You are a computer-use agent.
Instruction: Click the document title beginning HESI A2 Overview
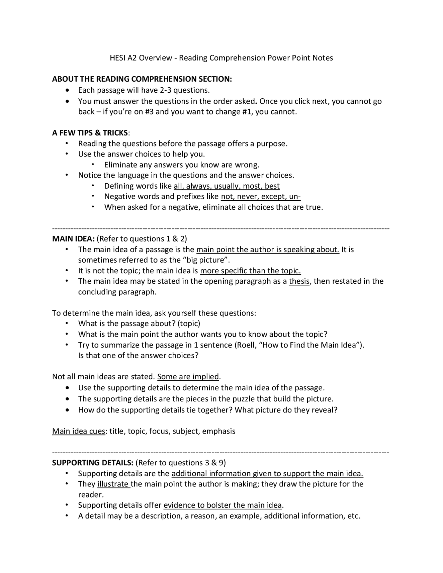tap(221, 58)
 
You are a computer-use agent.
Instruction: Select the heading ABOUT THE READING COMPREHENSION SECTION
tap(142, 79)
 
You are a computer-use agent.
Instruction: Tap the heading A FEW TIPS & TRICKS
tap(90, 133)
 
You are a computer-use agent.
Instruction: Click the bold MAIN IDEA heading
tap(73, 239)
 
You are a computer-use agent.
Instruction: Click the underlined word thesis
tap(299, 281)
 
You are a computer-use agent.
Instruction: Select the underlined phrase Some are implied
tap(188, 376)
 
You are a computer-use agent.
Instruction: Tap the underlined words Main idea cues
tap(79, 431)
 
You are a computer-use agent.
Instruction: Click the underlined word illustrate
tap(113, 484)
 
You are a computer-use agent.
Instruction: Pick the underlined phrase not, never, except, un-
tap(261, 197)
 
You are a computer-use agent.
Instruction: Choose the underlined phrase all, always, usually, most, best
tap(226, 186)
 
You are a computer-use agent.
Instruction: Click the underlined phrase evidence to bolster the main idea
tap(223, 505)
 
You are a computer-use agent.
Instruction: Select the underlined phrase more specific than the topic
tap(250, 271)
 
